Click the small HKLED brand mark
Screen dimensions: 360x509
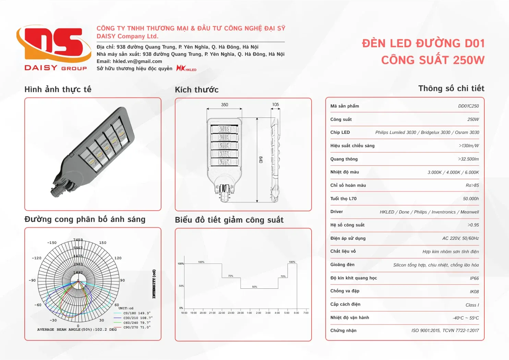click(x=186, y=68)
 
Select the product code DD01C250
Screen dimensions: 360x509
click(x=468, y=106)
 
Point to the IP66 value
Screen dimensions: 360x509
click(x=474, y=278)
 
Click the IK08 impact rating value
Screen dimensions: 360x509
click(x=474, y=292)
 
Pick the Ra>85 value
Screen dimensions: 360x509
click(x=472, y=185)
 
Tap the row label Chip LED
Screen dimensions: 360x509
click(x=340, y=133)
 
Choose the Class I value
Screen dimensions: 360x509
click(x=472, y=305)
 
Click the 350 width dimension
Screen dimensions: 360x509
click(x=225, y=105)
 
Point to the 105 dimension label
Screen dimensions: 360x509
click(x=276, y=104)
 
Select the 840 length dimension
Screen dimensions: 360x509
click(x=260, y=160)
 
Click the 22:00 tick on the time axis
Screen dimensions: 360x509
click(x=222, y=313)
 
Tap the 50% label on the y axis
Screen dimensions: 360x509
click(x=181, y=286)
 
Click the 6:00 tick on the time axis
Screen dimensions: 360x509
click(x=296, y=313)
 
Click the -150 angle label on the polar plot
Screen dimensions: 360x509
click(x=52, y=243)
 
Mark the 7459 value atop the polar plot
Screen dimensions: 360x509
click(x=78, y=240)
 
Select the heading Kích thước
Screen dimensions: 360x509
click(x=196, y=90)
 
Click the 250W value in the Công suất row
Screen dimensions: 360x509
click(x=473, y=120)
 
